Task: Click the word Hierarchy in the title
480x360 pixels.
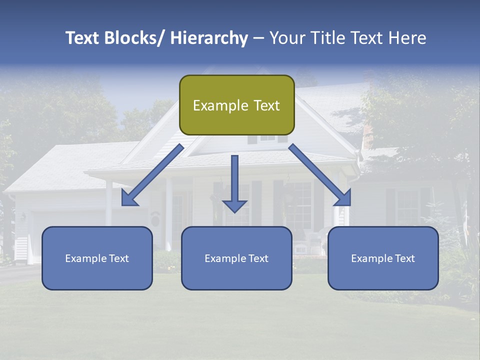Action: coord(209,38)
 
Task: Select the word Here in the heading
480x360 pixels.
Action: coord(405,38)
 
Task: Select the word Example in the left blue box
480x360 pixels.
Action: coord(85,258)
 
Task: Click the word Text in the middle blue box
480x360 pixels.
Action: coord(257,258)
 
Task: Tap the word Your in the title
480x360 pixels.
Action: coord(286,38)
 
